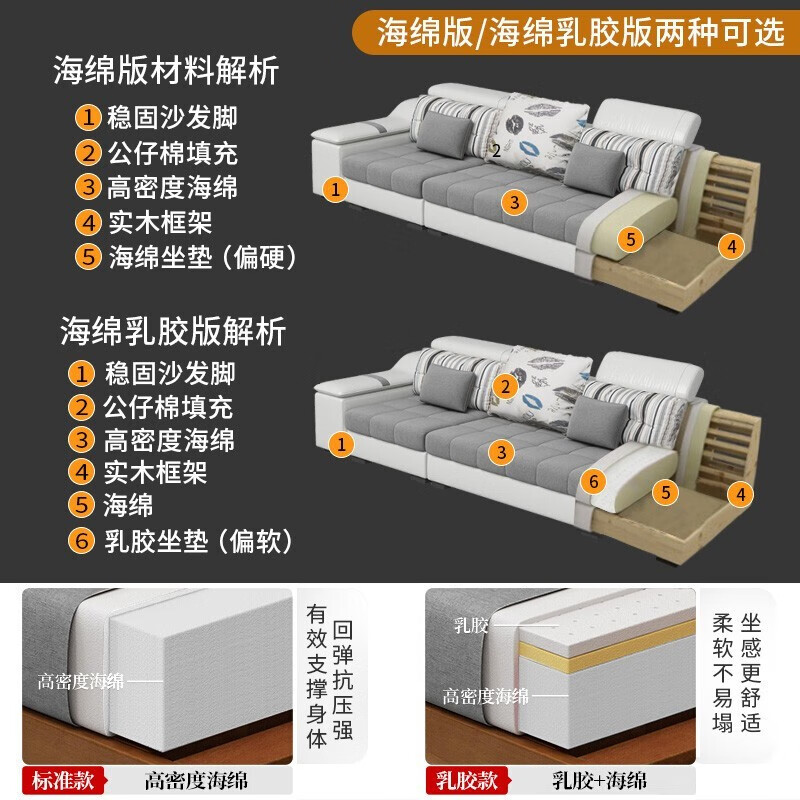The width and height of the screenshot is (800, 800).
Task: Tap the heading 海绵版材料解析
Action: (166, 73)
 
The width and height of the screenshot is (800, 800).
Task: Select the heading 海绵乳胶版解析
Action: (172, 330)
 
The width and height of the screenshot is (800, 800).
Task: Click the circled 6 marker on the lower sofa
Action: (593, 481)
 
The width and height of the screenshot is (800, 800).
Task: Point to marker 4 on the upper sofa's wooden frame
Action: (732, 245)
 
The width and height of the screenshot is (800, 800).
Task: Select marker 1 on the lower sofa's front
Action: (342, 443)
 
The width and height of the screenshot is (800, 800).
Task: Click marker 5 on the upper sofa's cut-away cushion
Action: (629, 239)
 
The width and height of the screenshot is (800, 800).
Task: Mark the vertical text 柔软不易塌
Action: (723, 672)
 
